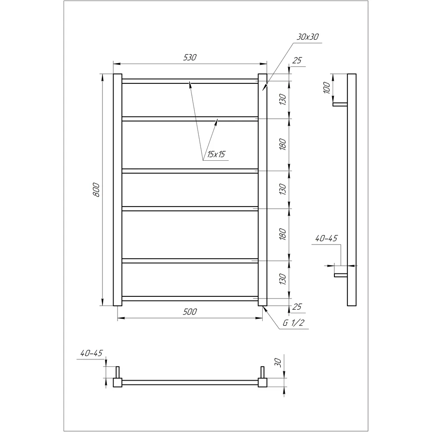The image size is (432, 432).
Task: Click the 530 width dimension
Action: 190,57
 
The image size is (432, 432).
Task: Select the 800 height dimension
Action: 96,190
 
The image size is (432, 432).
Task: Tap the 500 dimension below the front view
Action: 190,311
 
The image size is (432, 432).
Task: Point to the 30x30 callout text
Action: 308,37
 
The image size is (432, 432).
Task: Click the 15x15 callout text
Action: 216,154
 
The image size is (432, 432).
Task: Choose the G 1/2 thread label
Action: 294,323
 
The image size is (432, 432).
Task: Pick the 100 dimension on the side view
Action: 327,88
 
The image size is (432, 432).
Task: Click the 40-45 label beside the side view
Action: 326,238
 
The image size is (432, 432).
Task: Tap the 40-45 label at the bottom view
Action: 92,353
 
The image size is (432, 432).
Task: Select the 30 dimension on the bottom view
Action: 278,362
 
